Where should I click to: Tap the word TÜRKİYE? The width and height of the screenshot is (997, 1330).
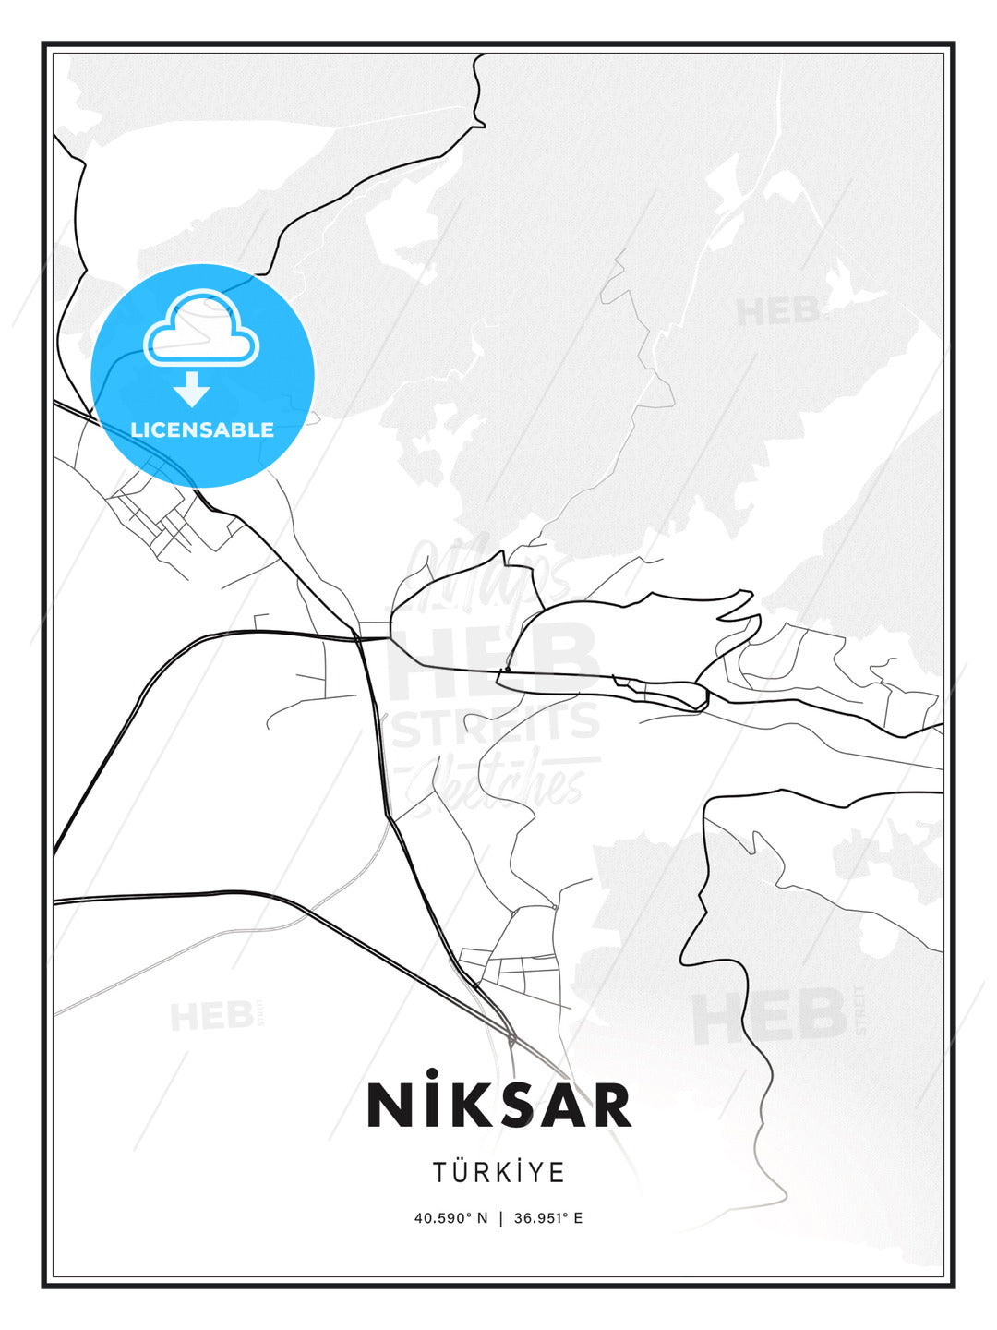pos(498,1172)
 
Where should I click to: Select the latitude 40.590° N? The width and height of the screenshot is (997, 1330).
pos(450,1217)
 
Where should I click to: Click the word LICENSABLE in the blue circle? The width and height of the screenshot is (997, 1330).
pos(202,429)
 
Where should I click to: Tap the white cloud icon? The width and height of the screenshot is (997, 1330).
pos(201,328)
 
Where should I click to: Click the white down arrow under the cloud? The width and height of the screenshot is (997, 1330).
pos(192,389)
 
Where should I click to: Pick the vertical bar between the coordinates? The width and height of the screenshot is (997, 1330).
pos(500,1217)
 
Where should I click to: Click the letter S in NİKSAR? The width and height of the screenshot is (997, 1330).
pos(511,1105)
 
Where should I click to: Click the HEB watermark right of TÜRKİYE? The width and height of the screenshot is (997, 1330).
pos(771,1016)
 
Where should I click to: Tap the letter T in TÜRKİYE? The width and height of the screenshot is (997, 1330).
pos(441,1173)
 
